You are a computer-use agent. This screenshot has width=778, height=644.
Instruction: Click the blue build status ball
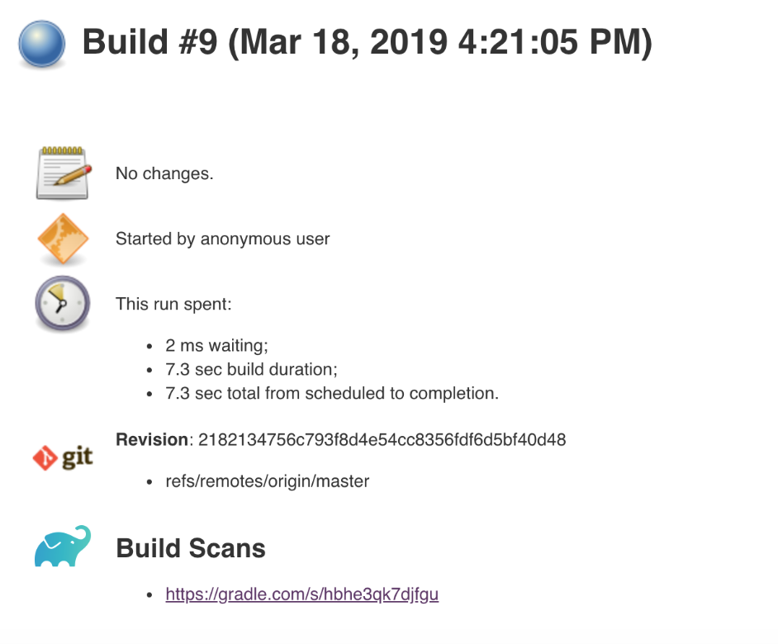point(41,44)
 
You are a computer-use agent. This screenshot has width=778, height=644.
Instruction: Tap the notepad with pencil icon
point(62,173)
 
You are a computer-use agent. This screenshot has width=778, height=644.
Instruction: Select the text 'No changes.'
point(164,174)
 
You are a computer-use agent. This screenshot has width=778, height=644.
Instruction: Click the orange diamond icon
point(62,239)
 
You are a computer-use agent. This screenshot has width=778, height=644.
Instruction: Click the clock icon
point(62,304)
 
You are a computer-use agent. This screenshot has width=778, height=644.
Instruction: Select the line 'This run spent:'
point(173,304)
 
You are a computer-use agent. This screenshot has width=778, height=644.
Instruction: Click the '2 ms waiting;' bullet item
point(216,346)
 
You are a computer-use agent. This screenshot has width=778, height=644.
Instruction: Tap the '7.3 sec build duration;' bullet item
point(251,370)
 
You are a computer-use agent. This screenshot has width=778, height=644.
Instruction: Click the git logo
point(63,457)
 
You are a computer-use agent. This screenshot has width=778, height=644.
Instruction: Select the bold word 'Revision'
point(151,439)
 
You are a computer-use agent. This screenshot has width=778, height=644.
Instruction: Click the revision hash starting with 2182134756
point(382,439)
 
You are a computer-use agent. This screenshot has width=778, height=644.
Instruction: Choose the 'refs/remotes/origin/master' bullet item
point(267,481)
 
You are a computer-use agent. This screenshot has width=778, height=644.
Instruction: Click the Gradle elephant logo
point(63,546)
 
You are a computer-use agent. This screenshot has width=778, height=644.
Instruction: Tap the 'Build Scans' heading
point(191,548)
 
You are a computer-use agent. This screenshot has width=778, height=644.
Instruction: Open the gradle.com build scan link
point(301,594)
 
